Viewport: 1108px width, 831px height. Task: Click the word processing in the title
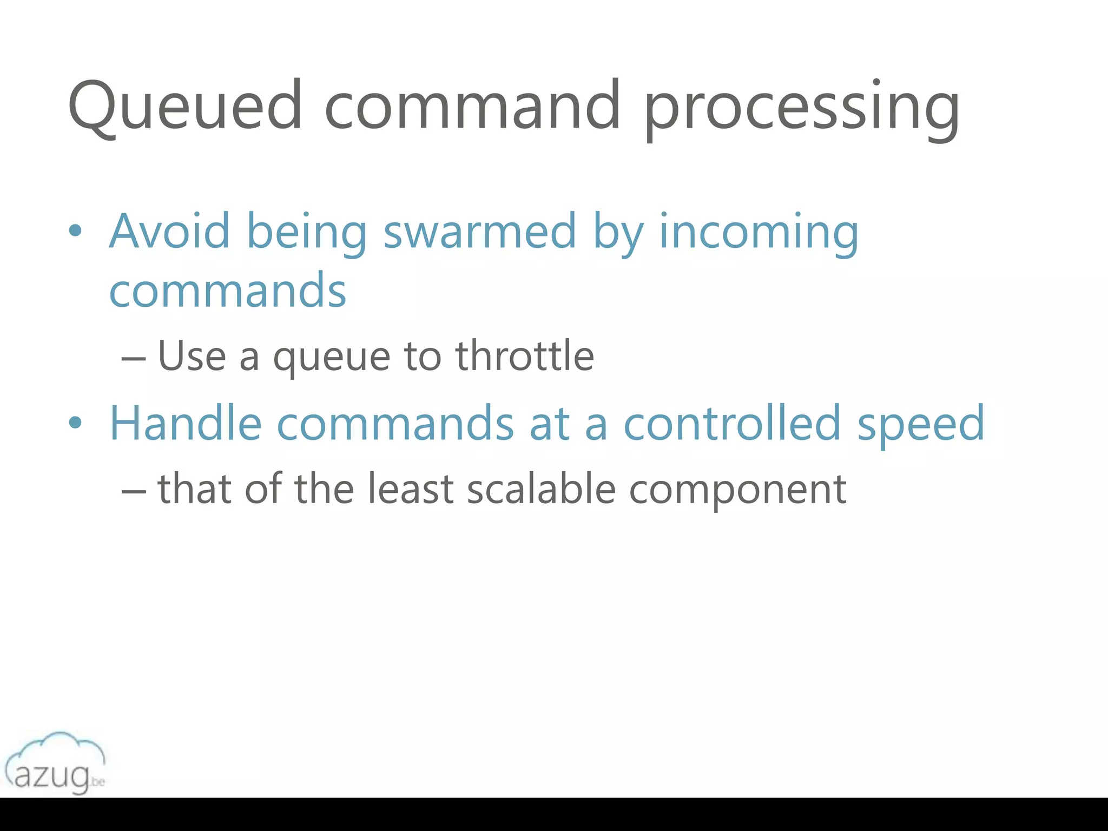point(801,108)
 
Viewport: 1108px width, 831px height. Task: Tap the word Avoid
point(169,231)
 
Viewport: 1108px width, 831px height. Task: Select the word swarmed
point(479,231)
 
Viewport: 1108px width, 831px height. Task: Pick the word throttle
point(524,355)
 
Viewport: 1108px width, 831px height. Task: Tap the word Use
point(192,355)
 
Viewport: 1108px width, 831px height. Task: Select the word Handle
point(186,423)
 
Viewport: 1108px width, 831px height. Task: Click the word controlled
point(733,423)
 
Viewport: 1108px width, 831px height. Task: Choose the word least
point(410,489)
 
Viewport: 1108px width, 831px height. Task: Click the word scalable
point(541,489)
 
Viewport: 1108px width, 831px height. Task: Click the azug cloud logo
point(55,763)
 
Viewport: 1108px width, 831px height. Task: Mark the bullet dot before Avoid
point(75,231)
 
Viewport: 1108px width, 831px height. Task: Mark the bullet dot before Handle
point(75,423)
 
